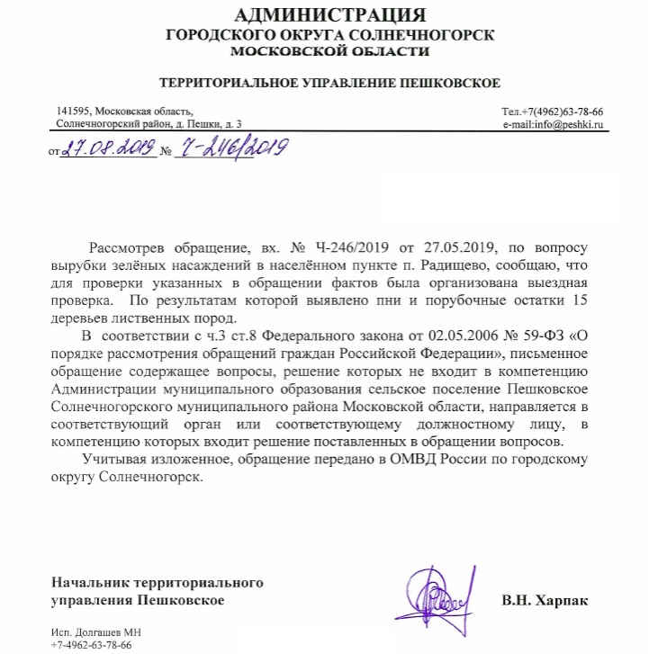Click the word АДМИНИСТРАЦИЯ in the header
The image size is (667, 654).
[x=332, y=15]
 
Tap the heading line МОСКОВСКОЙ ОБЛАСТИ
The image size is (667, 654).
[x=331, y=51]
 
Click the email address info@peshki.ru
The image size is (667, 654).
[x=569, y=123]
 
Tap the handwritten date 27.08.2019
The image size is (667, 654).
[x=105, y=148]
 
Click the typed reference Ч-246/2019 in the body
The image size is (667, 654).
[x=357, y=246]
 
